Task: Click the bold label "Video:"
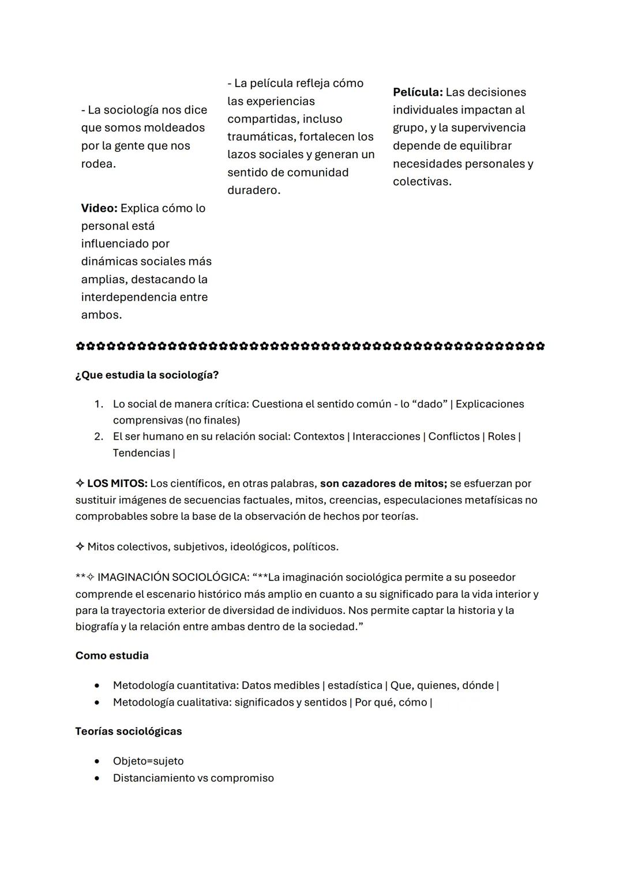pyautogui.click(x=99, y=208)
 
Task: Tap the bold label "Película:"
pyautogui.click(x=418, y=92)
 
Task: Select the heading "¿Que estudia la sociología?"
pyautogui.click(x=147, y=375)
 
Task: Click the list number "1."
pyautogui.click(x=99, y=404)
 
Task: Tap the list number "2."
pyautogui.click(x=99, y=436)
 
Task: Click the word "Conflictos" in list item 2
pyautogui.click(x=453, y=436)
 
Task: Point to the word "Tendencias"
pyautogui.click(x=141, y=453)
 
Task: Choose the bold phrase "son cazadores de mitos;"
pyautogui.click(x=384, y=483)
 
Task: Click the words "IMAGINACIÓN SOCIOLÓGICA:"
pyautogui.click(x=173, y=578)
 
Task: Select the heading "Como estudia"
pyautogui.click(x=112, y=656)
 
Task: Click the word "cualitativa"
pyautogui.click(x=200, y=702)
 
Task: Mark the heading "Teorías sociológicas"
pyautogui.click(x=129, y=732)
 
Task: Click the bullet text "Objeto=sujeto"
pyautogui.click(x=148, y=761)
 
